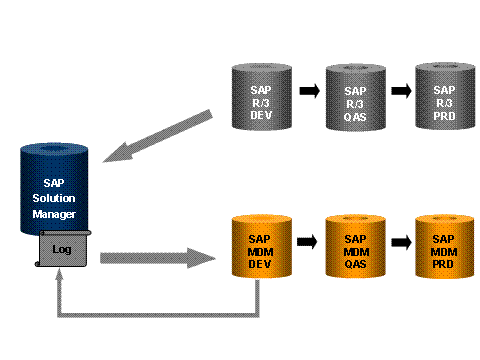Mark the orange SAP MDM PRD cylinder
[x=445, y=245]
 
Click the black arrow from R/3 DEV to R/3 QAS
[x=308, y=92]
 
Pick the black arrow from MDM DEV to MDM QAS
[x=308, y=243]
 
